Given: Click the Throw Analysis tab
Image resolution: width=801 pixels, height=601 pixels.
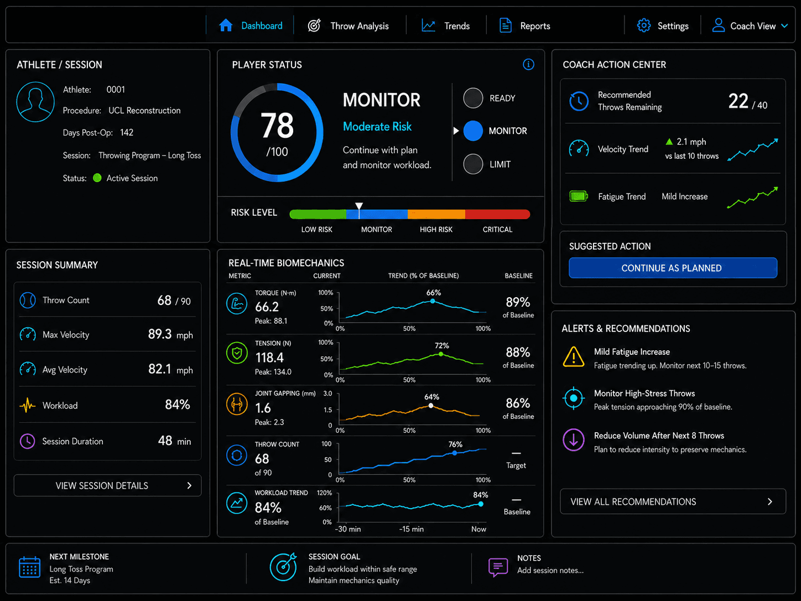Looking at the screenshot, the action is [x=349, y=26].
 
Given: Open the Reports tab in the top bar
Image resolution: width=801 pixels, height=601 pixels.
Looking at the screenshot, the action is [x=524, y=26].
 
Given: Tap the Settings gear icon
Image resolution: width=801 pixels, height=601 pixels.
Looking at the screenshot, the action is [x=644, y=25].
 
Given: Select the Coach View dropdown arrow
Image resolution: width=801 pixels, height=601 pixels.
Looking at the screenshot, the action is [x=784, y=26].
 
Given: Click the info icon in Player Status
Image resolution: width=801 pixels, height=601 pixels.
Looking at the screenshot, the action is [x=528, y=65].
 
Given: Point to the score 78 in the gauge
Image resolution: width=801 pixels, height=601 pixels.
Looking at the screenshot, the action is [x=277, y=126].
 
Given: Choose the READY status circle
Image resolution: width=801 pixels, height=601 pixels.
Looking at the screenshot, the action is [x=473, y=98].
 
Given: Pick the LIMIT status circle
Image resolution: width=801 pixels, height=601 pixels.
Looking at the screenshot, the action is [x=473, y=164].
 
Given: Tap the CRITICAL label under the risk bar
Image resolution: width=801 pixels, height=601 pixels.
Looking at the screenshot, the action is [x=497, y=230].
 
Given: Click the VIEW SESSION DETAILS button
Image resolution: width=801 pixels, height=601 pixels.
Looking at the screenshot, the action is [x=107, y=485].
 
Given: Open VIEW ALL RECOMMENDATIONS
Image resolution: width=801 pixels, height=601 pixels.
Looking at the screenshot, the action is [x=673, y=501].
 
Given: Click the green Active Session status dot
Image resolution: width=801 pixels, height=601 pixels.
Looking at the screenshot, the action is [x=97, y=178].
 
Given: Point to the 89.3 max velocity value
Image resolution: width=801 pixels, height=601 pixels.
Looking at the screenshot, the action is [x=159, y=334].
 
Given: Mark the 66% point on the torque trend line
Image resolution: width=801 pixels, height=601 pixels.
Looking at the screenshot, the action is [x=433, y=301].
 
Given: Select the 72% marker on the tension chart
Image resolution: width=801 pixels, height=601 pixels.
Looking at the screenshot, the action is [x=441, y=354].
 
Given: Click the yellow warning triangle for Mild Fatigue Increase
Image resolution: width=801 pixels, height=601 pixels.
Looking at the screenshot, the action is [x=573, y=356].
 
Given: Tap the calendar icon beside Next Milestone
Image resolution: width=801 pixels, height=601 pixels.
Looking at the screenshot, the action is [x=29, y=567].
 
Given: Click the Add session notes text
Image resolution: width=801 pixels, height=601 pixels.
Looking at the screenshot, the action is [x=550, y=571].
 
